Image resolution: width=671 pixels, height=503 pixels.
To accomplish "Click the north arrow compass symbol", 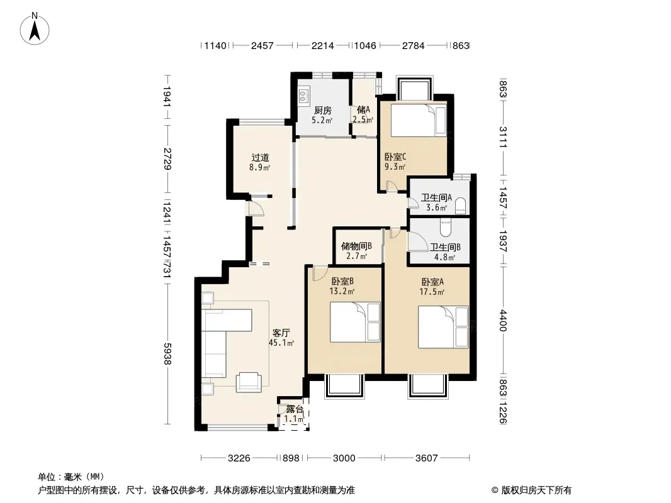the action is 35,29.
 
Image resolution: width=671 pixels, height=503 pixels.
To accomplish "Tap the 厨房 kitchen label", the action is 323,111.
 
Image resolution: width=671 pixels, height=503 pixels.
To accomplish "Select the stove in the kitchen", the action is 303,96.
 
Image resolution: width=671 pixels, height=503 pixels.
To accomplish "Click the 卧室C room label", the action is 395,157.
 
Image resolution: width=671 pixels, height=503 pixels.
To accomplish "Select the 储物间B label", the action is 356,246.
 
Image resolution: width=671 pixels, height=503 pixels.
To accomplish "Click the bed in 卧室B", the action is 355,322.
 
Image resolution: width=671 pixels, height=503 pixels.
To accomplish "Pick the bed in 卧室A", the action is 443,326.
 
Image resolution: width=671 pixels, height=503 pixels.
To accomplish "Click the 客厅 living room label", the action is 281,333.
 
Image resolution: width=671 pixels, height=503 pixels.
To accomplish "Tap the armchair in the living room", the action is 248,382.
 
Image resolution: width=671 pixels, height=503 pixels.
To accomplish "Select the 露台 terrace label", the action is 295,409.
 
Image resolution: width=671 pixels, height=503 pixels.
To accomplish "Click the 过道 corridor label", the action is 260,158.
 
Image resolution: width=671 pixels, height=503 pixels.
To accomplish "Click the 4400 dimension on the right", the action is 504,321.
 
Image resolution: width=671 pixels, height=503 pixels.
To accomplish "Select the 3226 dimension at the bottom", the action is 239,458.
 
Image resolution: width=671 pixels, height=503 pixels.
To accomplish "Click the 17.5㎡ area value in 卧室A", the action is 432,292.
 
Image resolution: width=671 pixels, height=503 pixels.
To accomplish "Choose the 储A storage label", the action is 363,110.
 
